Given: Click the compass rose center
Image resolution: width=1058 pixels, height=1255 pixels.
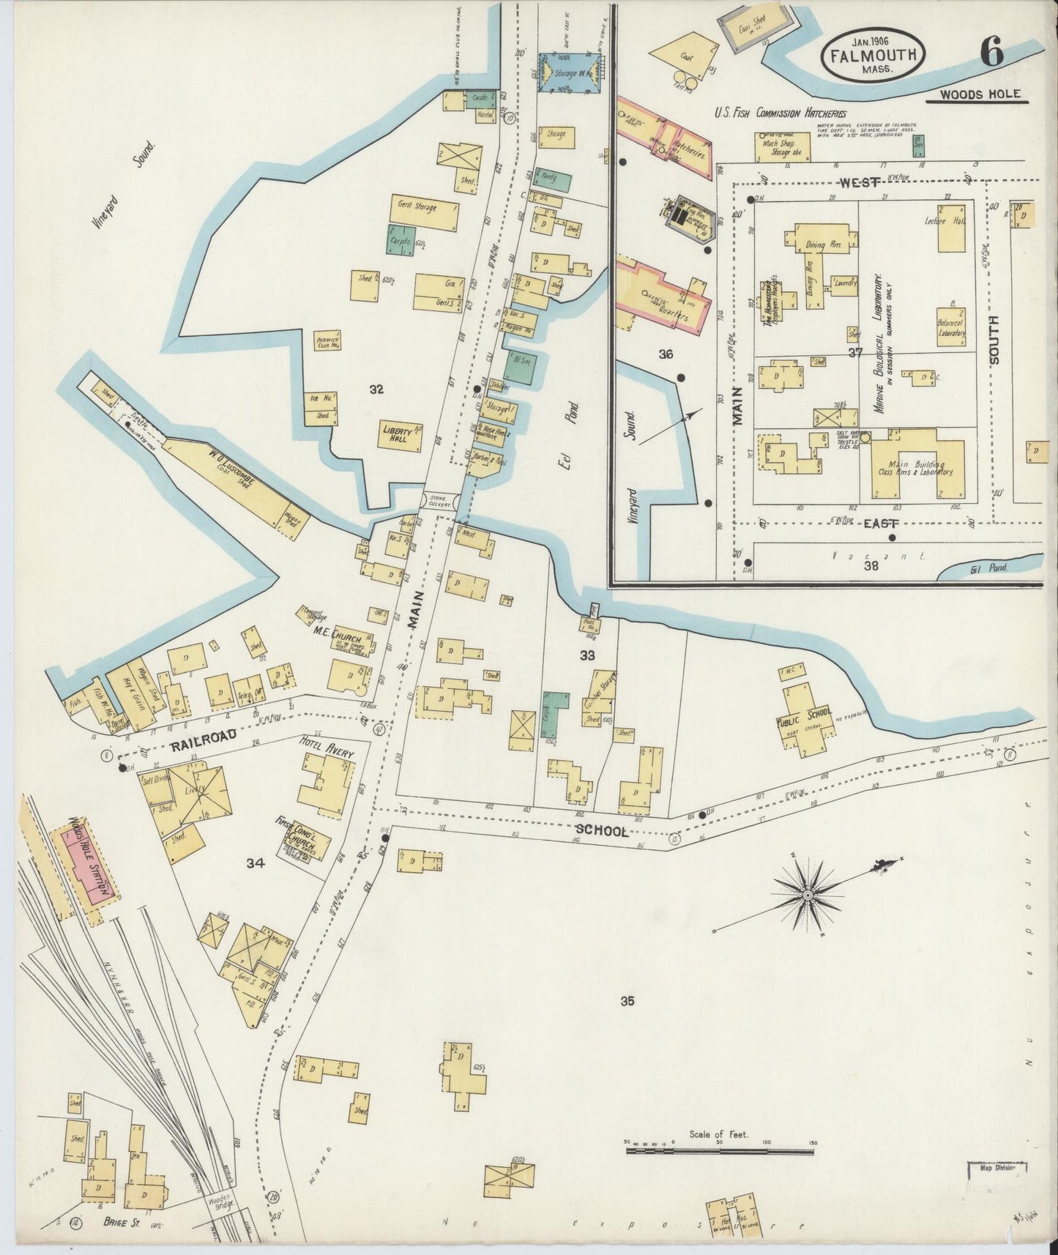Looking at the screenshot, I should click(x=807, y=895).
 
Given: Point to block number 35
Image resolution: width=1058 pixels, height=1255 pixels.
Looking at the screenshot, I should click(x=627, y=1002).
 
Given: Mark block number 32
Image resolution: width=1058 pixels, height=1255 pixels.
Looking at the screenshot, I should click(x=376, y=390).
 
